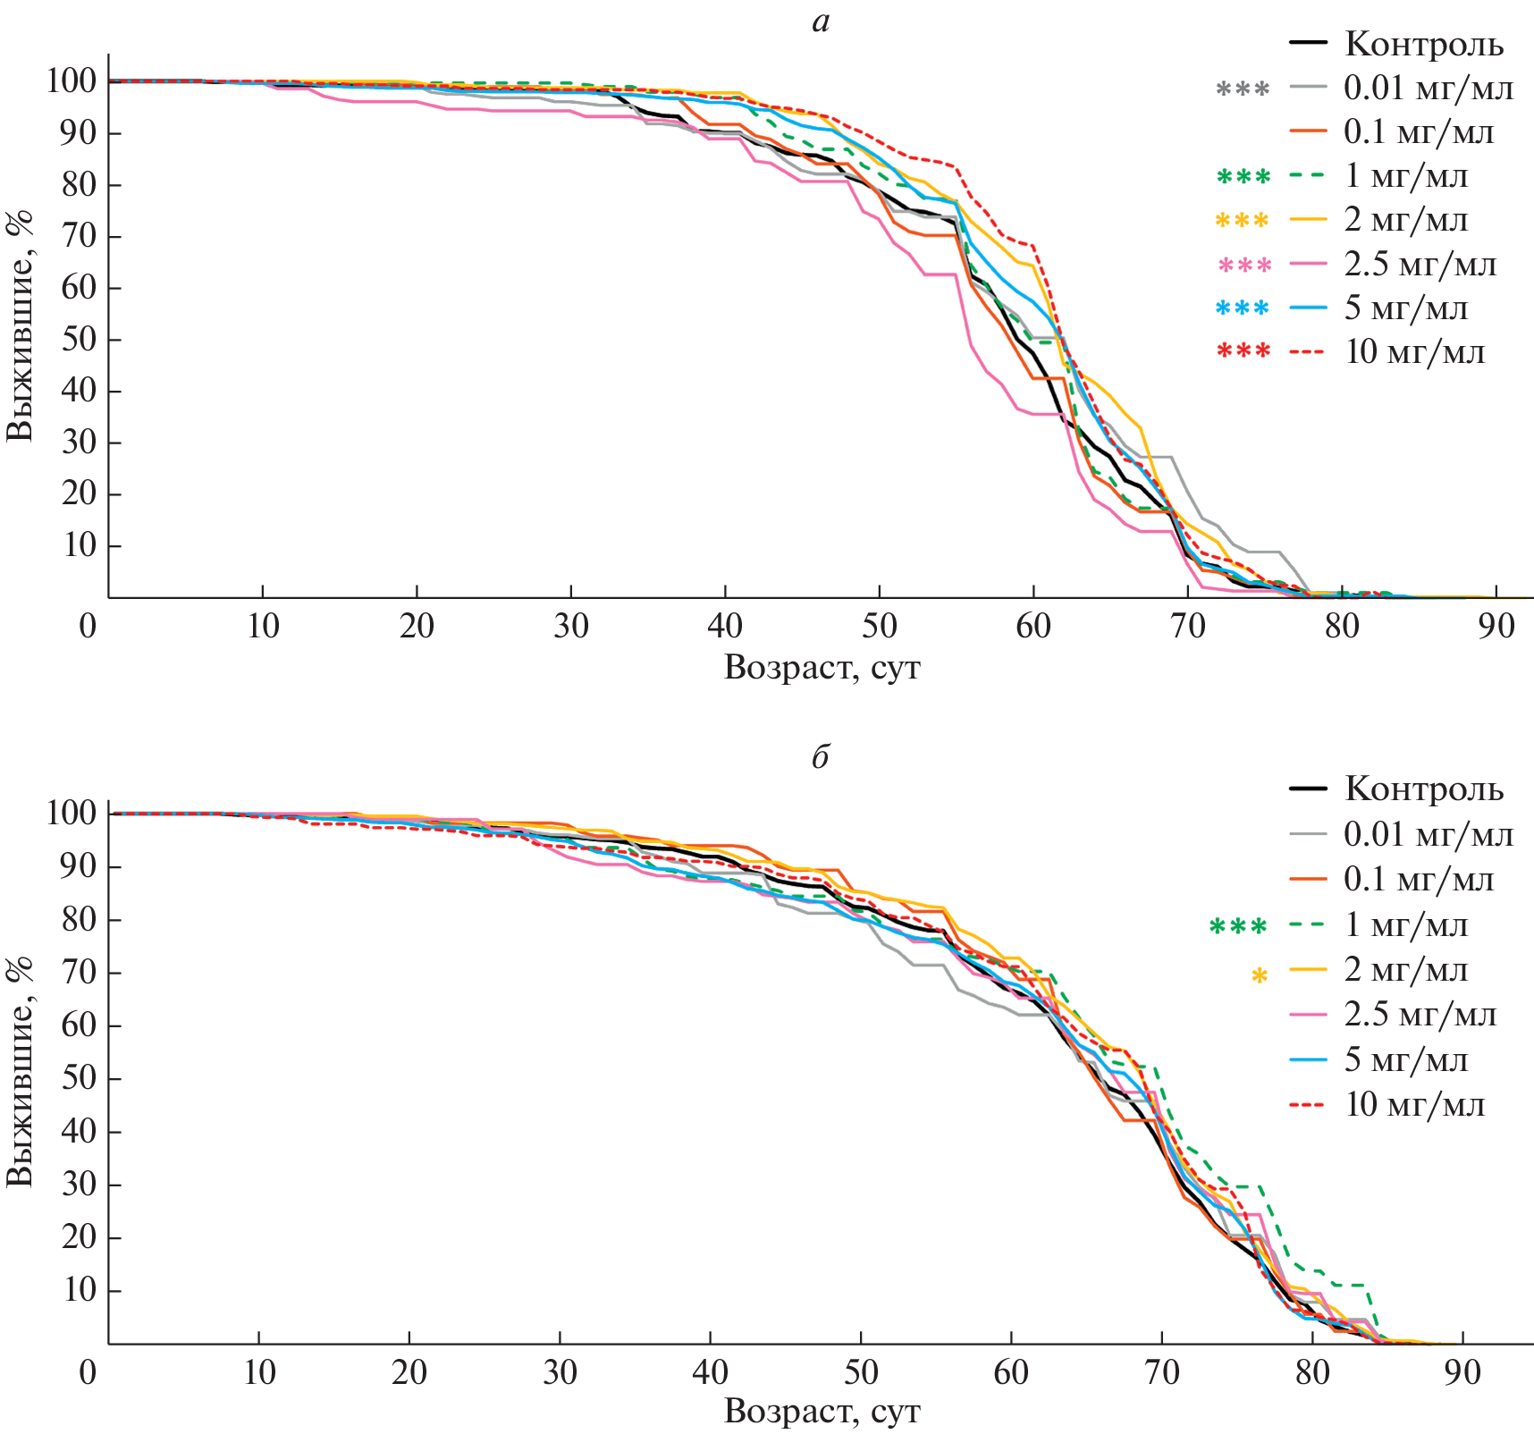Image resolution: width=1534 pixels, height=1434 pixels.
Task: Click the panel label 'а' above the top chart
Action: click(821, 22)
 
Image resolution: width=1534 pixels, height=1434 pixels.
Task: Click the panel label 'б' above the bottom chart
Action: click(821, 757)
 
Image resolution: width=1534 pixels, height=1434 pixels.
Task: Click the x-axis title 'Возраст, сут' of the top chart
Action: click(822, 668)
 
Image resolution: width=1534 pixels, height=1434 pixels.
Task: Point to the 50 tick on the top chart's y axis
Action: click(79, 340)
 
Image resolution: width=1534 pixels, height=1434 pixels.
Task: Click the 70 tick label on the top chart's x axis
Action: click(1187, 626)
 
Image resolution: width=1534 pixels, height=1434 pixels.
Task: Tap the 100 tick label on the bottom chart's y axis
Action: click(71, 813)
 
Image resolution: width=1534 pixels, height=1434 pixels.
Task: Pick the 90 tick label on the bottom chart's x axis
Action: click(1462, 1371)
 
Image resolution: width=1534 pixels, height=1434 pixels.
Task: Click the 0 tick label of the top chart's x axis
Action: click(88, 626)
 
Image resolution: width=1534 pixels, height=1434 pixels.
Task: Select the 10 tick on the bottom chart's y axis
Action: click(79, 1290)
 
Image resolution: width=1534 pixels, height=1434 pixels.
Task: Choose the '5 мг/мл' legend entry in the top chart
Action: click(1405, 308)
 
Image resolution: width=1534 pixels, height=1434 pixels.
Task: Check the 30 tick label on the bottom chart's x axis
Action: click(560, 1371)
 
